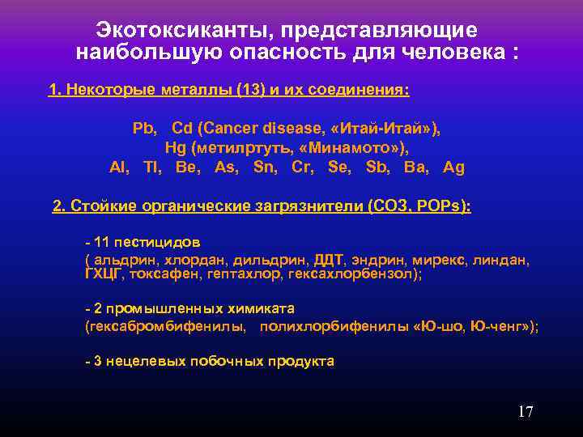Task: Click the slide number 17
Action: pos(526,412)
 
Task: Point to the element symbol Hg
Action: pos(176,148)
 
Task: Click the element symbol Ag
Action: pos(454,168)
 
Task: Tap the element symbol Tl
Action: pos(151,168)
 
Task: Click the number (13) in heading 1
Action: pos(251,90)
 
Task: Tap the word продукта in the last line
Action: pos(300,361)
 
